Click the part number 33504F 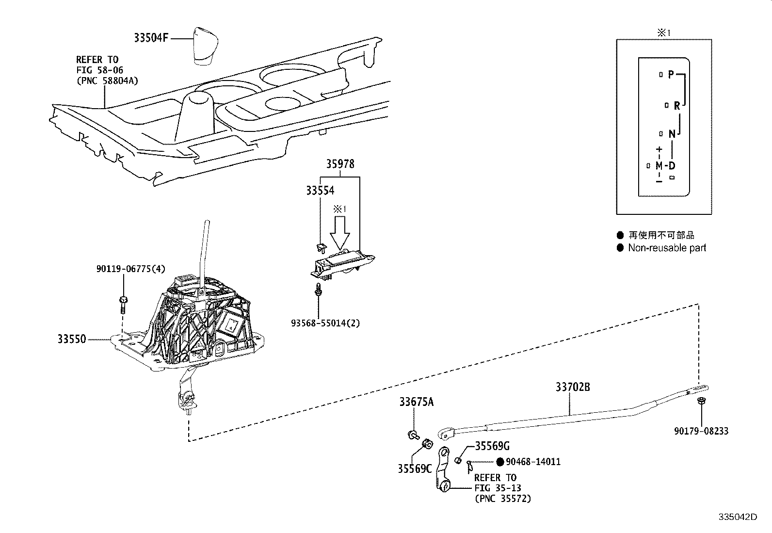point(151,38)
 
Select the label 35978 point(340,164)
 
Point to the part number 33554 point(320,191)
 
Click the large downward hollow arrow point(339,233)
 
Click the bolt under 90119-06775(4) point(123,305)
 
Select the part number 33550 point(72,339)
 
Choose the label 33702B point(573,388)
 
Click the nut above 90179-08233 point(702,402)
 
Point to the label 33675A point(417,402)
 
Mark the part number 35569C point(415,469)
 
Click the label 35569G point(492,446)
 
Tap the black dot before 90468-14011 point(500,462)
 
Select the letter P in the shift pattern point(671,74)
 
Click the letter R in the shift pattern point(677,105)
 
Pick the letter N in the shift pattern point(672,133)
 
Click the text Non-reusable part point(667,248)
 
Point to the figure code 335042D point(737,517)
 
